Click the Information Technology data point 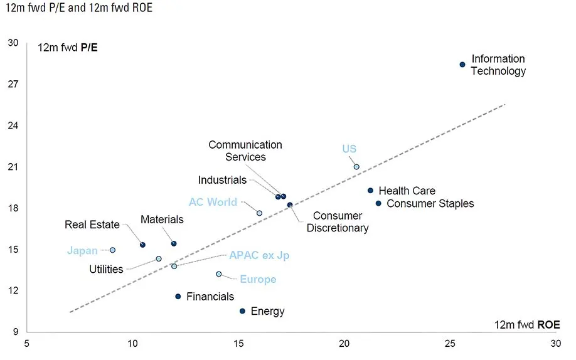click(462, 65)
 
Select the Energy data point click(242, 311)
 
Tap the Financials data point click(178, 297)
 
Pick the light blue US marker click(356, 167)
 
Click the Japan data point click(112, 250)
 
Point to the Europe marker click(219, 274)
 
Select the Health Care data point click(370, 191)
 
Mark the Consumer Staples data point click(378, 203)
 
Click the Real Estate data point click(142, 245)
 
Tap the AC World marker click(259, 213)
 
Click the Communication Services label click(245, 151)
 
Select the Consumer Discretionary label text click(338, 222)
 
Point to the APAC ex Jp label click(259, 256)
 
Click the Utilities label click(105, 270)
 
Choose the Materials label click(162, 220)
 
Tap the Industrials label click(222, 180)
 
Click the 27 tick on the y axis click(13, 84)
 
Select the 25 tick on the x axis click(450, 344)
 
